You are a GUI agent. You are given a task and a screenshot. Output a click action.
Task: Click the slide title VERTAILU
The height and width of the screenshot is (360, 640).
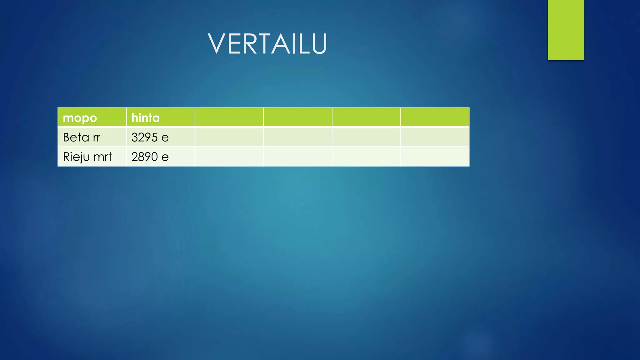(267, 44)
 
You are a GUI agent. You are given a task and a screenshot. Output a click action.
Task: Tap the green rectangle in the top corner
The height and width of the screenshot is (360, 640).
(566, 30)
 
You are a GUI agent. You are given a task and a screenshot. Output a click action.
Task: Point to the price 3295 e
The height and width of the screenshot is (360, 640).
(150, 137)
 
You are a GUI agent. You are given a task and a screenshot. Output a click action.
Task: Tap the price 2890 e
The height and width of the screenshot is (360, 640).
(150, 157)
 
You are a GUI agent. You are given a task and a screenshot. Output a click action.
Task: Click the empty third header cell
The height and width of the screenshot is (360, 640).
(229, 117)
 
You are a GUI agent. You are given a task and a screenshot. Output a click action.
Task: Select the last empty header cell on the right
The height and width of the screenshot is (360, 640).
(435, 117)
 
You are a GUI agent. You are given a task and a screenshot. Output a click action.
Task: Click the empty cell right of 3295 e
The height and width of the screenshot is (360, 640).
(229, 137)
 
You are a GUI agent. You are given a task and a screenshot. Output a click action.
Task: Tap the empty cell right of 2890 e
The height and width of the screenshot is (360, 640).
(229, 157)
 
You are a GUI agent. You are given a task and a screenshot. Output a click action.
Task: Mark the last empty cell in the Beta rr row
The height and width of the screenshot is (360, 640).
(435, 137)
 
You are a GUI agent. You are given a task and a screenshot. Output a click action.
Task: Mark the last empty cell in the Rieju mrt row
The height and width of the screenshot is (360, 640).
(435, 157)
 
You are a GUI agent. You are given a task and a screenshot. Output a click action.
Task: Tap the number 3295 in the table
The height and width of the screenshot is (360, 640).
(145, 137)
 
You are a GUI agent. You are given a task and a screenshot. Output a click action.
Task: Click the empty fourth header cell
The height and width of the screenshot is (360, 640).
(297, 117)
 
